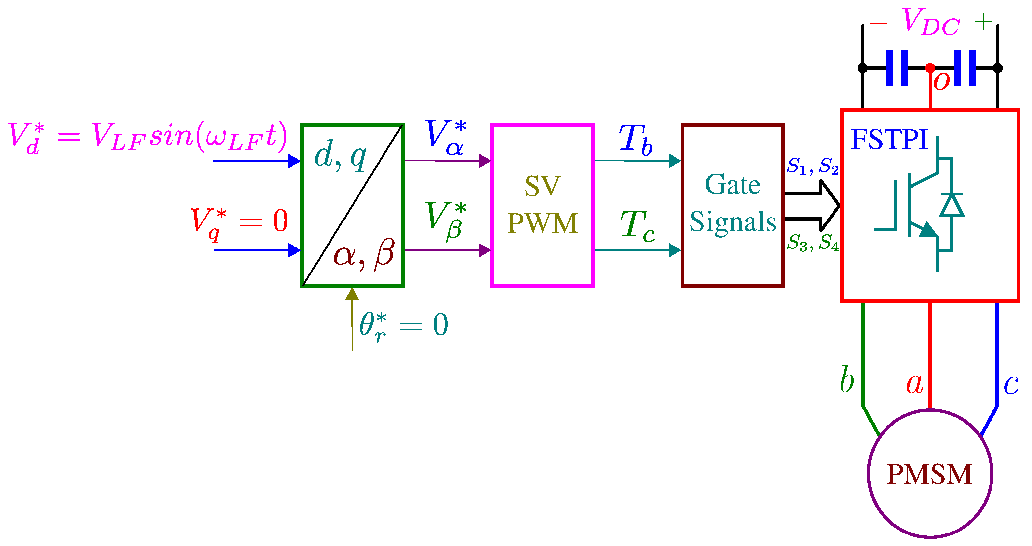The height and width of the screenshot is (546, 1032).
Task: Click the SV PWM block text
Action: (542, 204)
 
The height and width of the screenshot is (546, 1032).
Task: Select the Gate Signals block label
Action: (732, 203)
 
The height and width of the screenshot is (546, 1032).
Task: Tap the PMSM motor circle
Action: (929, 474)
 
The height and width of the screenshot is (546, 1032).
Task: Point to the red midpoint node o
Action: (930, 68)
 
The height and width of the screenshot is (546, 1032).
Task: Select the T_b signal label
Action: (635, 140)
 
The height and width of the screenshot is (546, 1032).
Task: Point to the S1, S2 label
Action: (812, 166)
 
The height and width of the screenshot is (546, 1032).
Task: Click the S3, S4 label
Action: (812, 242)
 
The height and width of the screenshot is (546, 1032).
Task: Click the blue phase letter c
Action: (1010, 384)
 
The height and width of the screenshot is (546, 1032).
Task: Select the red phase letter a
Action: (914, 384)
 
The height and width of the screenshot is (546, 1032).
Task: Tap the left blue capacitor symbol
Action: (897, 68)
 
